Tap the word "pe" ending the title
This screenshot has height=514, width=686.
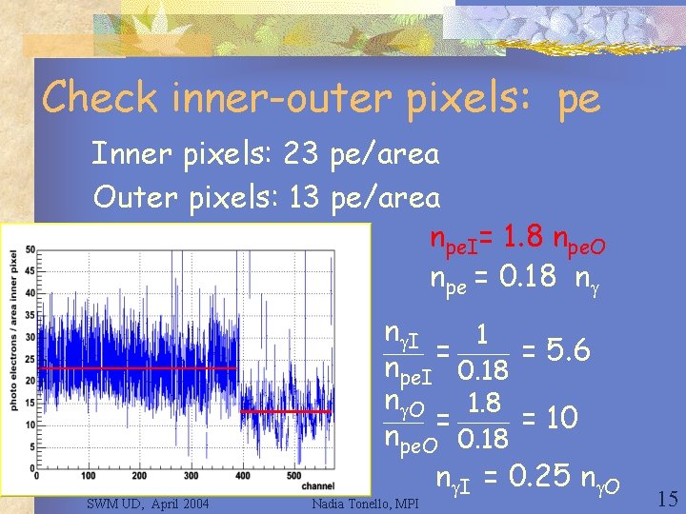pos(579,99)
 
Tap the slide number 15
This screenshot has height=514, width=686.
pos(667,499)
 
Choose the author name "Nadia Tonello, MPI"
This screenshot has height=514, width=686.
pos(365,502)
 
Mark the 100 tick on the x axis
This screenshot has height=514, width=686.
pos(88,475)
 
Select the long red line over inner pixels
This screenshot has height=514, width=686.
pos(137,367)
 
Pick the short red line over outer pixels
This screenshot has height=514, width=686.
pos(285,411)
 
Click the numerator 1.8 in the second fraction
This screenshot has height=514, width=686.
pos(485,404)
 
